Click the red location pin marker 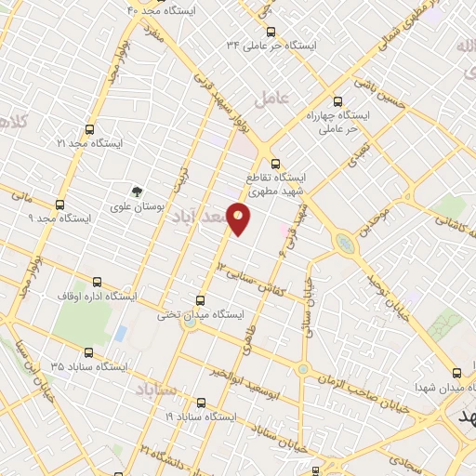pos(239,218)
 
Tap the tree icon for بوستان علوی pos(138,192)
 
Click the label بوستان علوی pos(138,208)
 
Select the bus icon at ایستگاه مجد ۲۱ pos(90,130)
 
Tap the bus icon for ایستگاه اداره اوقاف pos(97,282)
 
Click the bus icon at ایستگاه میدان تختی pos(200,298)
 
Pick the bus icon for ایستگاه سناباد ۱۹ pos(201,403)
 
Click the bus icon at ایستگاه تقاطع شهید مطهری pos(273,164)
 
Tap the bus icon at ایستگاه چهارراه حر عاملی pos(337,103)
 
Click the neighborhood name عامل pos(277,96)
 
